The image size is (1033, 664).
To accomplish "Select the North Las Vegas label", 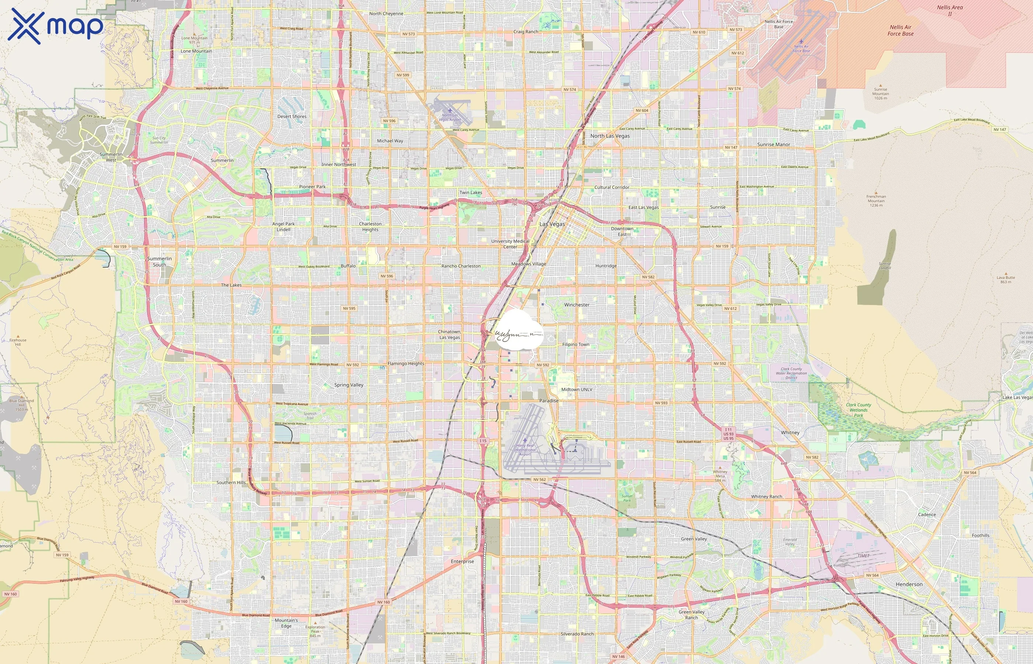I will (x=609, y=136).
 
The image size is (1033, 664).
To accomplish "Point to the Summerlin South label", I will (x=159, y=262).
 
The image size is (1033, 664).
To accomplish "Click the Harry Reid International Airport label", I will (x=525, y=450).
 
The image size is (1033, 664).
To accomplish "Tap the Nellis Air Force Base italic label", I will (x=900, y=30).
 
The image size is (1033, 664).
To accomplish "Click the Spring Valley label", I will (x=349, y=385).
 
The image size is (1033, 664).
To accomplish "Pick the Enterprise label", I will (x=462, y=561).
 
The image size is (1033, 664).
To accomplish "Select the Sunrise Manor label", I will (x=773, y=145).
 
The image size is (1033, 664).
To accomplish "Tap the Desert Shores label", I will (x=292, y=117).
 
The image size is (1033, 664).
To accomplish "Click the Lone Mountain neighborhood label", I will (x=196, y=51).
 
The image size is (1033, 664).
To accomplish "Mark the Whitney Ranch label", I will (x=766, y=497).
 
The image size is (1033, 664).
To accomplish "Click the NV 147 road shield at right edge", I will (x=999, y=129).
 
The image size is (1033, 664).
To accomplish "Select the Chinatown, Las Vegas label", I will (x=449, y=335).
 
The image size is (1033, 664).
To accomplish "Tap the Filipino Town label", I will (x=576, y=345).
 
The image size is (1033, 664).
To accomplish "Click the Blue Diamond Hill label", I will (x=21, y=405).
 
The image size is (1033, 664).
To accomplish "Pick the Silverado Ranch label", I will (x=577, y=634).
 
